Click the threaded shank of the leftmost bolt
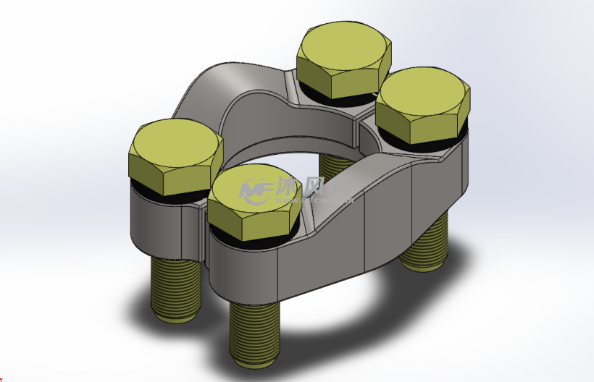[x=176, y=289]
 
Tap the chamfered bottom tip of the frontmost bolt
[x=254, y=358]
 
